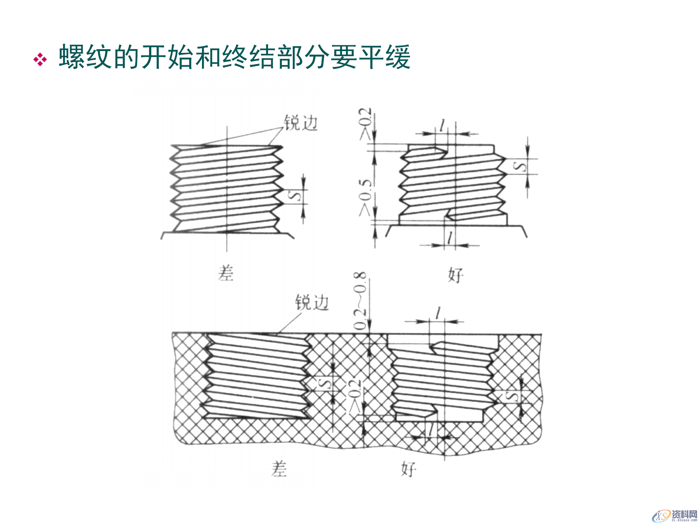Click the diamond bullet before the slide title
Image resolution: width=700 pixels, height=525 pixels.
point(40,59)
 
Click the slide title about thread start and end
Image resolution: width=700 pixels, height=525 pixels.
point(234,57)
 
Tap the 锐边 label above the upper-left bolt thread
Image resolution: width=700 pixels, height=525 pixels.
point(301,123)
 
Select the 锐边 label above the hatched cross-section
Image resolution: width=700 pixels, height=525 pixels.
point(312,303)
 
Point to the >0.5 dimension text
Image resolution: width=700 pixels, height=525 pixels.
point(365,197)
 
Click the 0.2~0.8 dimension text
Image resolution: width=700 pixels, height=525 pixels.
point(360,301)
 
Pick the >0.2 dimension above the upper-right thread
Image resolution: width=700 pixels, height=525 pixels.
point(365,124)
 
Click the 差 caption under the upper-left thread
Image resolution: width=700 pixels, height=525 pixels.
point(226,273)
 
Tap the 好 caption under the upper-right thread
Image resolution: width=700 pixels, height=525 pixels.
point(456,275)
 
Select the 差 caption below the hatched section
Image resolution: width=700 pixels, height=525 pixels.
point(279,469)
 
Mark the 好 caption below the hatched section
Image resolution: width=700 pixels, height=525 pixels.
point(408,469)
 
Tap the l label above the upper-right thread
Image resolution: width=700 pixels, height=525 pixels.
point(443,126)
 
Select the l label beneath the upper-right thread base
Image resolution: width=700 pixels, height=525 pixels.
point(451,238)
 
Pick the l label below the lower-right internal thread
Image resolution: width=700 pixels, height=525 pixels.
point(431,429)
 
